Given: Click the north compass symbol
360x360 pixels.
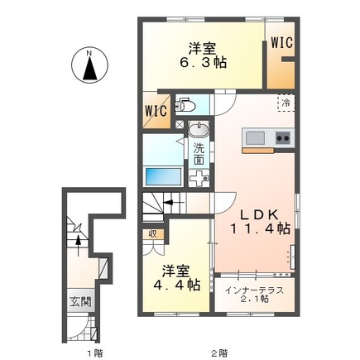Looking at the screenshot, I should tap(89, 66).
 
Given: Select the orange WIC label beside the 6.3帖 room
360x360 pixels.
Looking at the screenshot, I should tap(280, 42).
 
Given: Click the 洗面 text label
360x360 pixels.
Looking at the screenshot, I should tap(199, 154).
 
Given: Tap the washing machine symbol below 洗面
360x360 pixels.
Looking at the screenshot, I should tap(200, 176).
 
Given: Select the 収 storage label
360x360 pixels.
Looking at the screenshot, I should tap(152, 234).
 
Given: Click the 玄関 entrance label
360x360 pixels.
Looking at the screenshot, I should tap(74, 300).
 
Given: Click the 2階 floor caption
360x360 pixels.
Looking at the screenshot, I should tap(218, 353).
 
